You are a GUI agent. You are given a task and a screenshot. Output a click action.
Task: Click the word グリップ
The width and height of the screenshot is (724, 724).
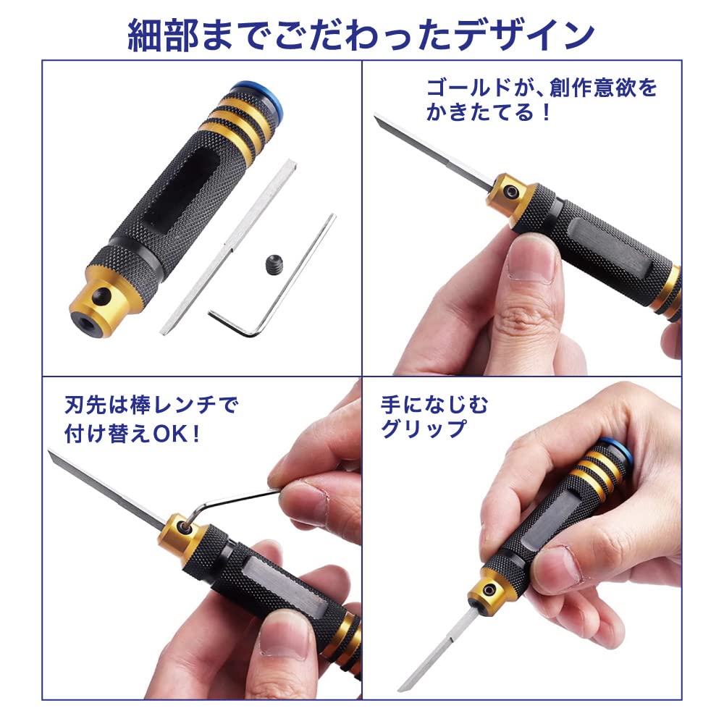click(x=424, y=429)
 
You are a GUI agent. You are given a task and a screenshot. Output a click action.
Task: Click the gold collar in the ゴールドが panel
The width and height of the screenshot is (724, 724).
click(x=516, y=194)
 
